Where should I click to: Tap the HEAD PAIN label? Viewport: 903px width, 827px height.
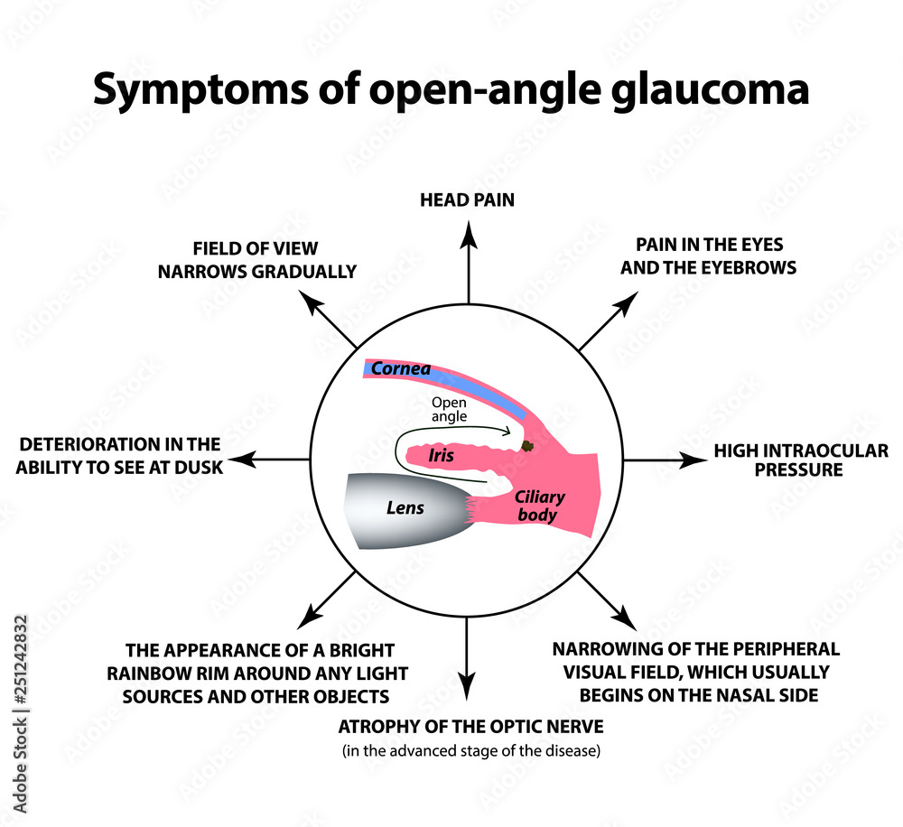467,200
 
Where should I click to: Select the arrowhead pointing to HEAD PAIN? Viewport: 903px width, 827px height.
468,232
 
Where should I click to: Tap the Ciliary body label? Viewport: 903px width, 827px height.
538,506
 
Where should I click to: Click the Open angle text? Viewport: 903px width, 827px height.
449,409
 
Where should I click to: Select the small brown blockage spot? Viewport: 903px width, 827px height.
529,446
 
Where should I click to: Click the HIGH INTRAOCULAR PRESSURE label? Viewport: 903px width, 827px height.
800,460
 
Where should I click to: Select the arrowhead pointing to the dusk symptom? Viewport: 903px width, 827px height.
254,460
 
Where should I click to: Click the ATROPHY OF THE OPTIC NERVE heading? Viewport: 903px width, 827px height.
470,727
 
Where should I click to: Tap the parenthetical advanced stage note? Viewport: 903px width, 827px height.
470,751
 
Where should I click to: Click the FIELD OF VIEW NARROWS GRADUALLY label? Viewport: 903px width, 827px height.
256,260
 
